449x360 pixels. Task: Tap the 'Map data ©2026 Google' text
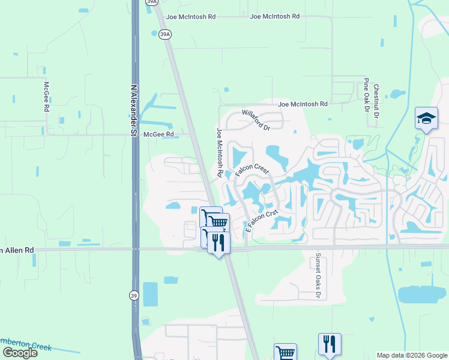point(411,355)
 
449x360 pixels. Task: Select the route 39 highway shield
point(133,295)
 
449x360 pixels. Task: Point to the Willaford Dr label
point(256,119)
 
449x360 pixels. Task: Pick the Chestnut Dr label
point(376,100)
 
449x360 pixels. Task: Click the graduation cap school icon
point(426,118)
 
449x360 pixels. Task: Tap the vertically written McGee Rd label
point(46,96)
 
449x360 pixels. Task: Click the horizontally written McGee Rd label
point(158,134)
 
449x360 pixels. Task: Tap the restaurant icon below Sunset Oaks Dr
point(330,344)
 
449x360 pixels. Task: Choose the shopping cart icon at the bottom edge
point(285,353)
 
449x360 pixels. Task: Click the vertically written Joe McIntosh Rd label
point(220,152)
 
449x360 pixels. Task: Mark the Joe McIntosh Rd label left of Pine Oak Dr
point(303,104)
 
